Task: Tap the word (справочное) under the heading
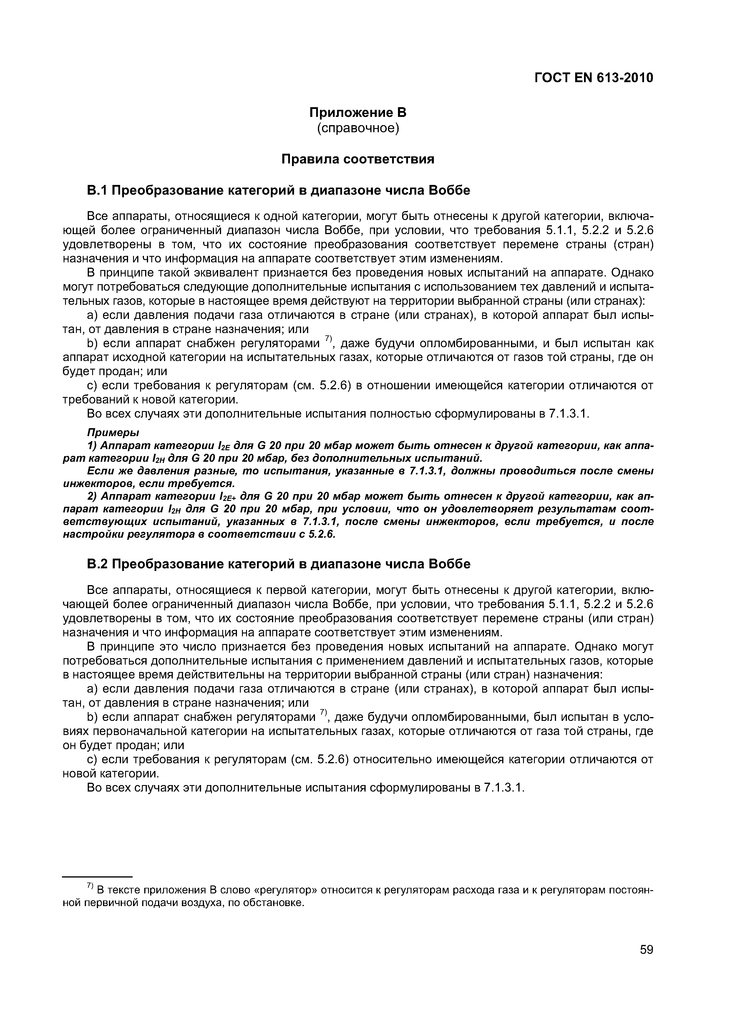[x=358, y=128]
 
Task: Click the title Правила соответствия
[x=358, y=159]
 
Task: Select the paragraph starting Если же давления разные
[x=358, y=477]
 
